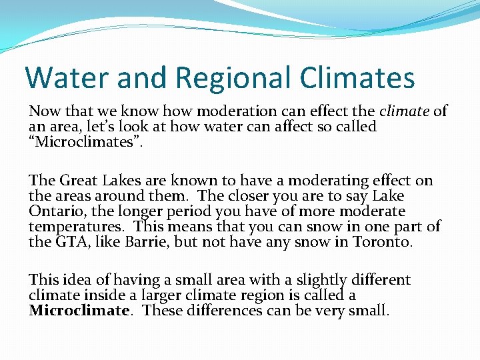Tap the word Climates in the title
(357, 77)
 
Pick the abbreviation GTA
(65, 241)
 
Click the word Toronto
(381, 241)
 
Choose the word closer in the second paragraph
(247, 195)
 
